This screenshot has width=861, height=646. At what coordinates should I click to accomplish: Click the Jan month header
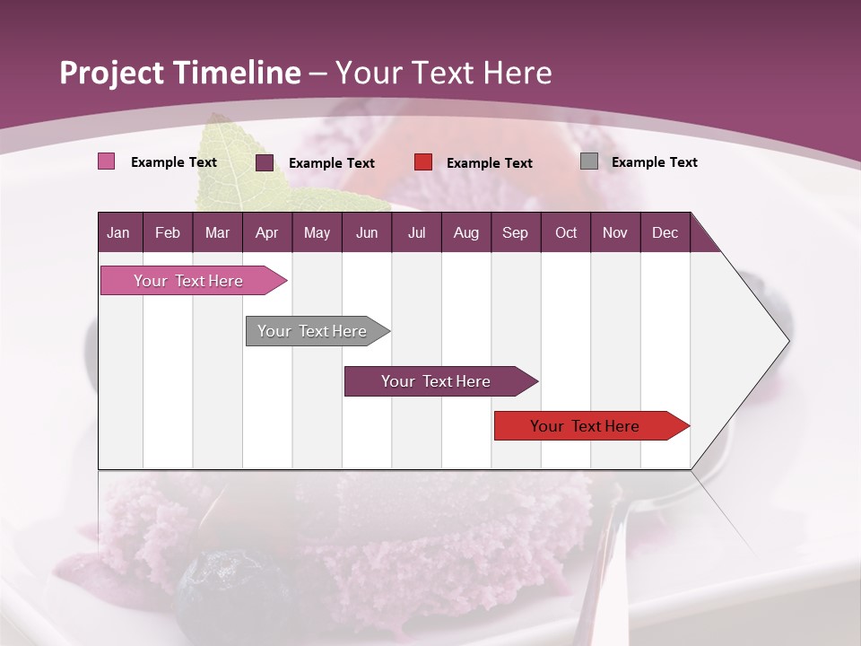coord(118,233)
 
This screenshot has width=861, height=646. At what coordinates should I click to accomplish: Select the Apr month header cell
coord(266,233)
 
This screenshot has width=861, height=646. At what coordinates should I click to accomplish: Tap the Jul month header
coord(416,233)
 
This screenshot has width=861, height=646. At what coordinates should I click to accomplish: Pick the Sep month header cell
coord(515,233)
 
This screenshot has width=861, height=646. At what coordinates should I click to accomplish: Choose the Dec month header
coord(665,233)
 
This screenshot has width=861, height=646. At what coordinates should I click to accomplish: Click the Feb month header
coord(168,233)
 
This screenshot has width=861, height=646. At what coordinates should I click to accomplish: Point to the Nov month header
coord(614,233)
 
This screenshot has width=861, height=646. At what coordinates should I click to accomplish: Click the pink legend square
coord(106,161)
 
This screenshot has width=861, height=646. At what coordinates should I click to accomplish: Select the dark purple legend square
coord(265,162)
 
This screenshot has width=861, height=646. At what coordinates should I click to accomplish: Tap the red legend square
coord(423,162)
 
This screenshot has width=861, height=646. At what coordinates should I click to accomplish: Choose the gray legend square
coord(589,161)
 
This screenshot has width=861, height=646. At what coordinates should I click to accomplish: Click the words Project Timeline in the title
coord(180,73)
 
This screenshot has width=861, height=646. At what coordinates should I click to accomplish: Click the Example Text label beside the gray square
coord(654,162)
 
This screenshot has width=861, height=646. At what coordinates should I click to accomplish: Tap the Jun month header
coord(366,233)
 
